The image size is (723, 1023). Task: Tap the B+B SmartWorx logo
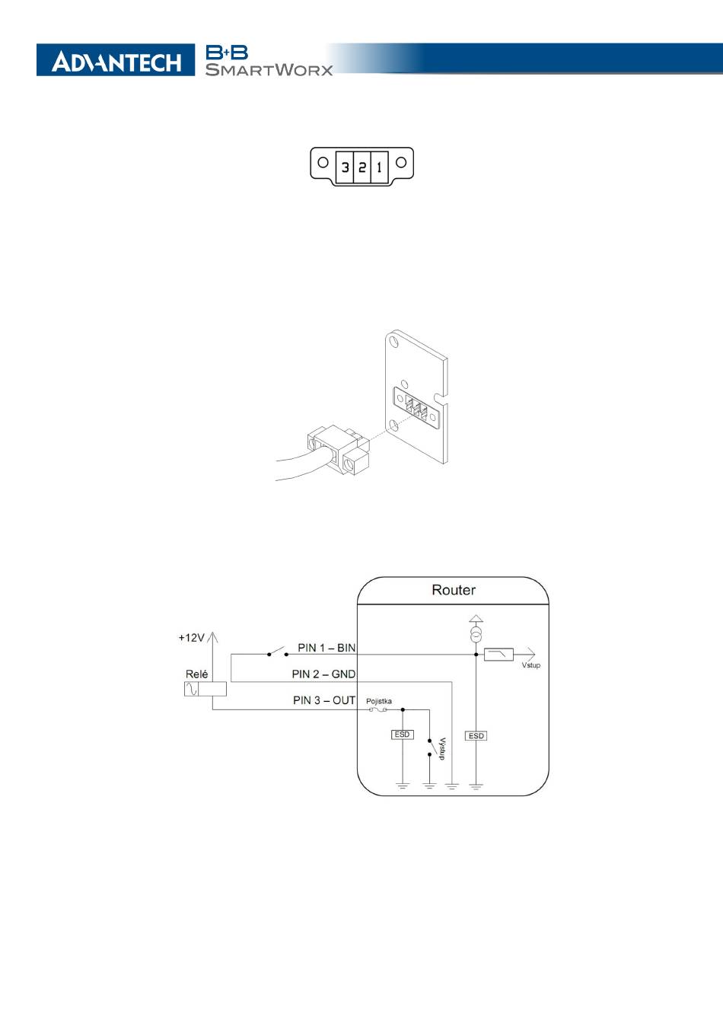click(268, 61)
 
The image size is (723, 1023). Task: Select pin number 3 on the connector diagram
click(346, 167)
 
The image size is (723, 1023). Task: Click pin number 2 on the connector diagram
click(362, 167)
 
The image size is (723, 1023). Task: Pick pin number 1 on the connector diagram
click(379, 167)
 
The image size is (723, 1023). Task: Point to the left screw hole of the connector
click(323, 162)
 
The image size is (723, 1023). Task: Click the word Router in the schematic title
click(454, 590)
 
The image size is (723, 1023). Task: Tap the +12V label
click(191, 638)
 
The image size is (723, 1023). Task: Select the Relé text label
click(196, 674)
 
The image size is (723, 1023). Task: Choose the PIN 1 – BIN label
click(326, 648)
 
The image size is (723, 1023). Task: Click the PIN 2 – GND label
click(323, 674)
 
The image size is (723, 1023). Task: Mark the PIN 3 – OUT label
click(324, 700)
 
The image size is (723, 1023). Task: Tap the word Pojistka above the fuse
click(379, 701)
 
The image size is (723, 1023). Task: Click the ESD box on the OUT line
click(402, 735)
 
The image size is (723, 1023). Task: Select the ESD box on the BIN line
click(476, 736)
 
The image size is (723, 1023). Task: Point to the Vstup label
click(530, 665)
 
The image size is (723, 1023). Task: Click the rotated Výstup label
click(441, 747)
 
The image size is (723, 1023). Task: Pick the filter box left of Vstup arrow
click(498, 654)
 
